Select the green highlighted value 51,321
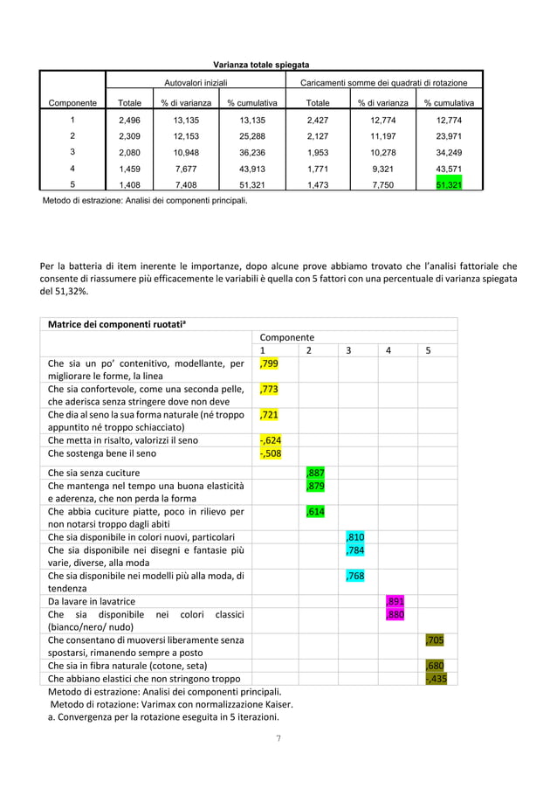pyautogui.click(x=450, y=184)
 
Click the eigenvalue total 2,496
pyautogui.click(x=130, y=121)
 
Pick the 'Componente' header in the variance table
pyautogui.click(x=72, y=103)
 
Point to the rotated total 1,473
pyautogui.click(x=318, y=184)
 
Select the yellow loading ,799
pyautogui.click(x=269, y=363)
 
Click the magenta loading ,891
pyautogui.click(x=395, y=601)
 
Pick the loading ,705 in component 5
pyautogui.click(x=434, y=639)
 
